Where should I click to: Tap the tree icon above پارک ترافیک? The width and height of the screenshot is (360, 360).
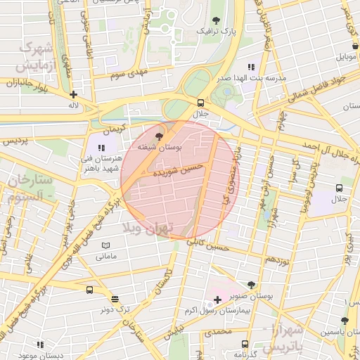click(x=215, y=20)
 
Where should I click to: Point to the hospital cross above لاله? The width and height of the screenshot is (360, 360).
click(x=73, y=94)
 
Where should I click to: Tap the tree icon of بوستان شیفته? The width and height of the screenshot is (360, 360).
click(x=160, y=136)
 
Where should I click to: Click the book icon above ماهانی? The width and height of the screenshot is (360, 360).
click(x=105, y=245)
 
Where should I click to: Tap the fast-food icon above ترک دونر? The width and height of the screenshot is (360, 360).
click(x=115, y=299)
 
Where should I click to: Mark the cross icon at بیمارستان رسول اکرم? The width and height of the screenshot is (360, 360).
click(x=217, y=300)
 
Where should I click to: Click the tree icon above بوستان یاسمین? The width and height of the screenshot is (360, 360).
click(x=344, y=321)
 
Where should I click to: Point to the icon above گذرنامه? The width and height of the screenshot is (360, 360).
click(x=245, y=344)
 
